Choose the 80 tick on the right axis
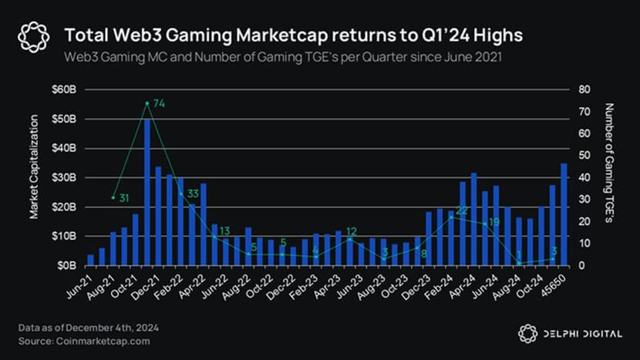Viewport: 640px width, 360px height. pyautogui.click(x=584, y=89)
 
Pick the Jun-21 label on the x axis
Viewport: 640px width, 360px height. pyautogui.click(x=83, y=284)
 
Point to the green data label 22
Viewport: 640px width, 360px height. pyautogui.click(x=462, y=210)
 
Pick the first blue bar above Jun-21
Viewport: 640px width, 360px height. pyautogui.click(x=90, y=260)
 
